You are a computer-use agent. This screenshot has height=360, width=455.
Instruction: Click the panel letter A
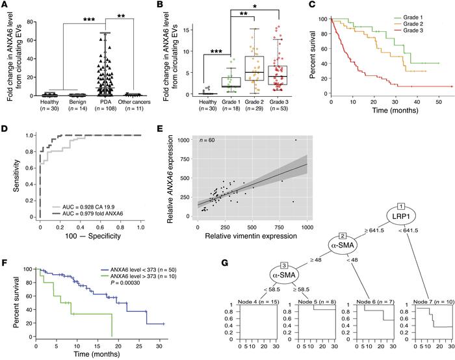coord(5,6)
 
